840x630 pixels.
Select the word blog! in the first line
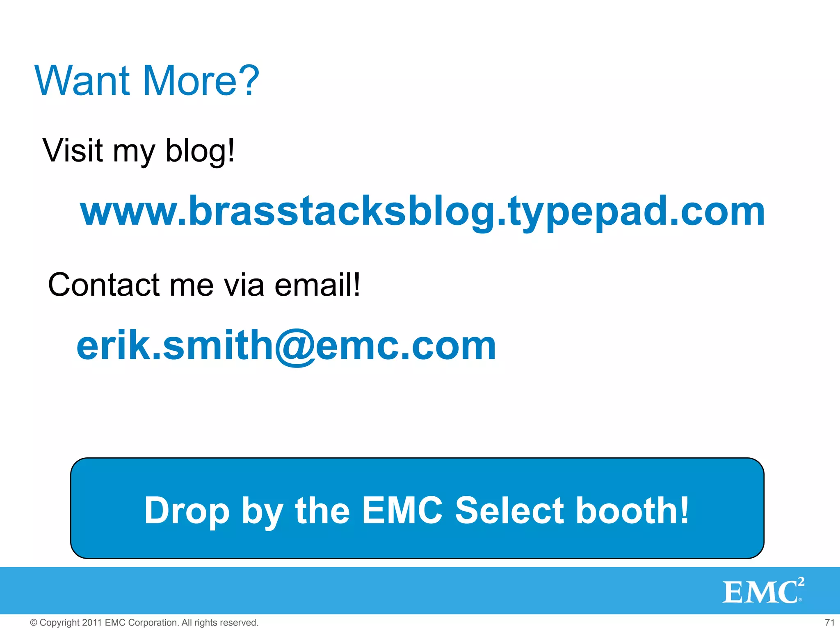point(200,151)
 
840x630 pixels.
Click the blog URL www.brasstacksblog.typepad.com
point(422,212)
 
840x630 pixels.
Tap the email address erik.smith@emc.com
point(286,345)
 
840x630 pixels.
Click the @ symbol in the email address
point(294,347)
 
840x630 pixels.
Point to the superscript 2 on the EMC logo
point(801,581)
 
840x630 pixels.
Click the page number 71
point(829,623)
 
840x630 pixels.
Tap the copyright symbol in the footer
point(34,623)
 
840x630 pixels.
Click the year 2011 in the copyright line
point(92,623)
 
